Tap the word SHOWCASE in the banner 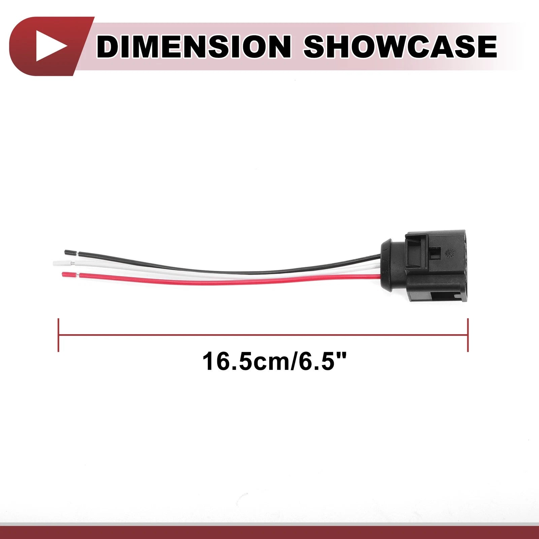click(x=401, y=46)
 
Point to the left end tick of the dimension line click(x=59, y=335)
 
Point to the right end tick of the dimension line click(x=468, y=335)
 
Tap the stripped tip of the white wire click(x=62, y=262)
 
